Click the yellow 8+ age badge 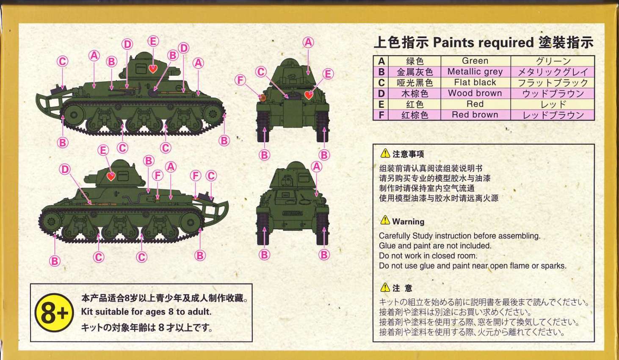[54, 313]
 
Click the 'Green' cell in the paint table [475, 61]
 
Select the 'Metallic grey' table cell [475, 72]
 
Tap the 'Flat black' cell [475, 83]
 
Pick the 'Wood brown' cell [475, 93]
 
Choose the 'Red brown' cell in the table [475, 115]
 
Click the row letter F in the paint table [381, 115]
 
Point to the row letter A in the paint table [381, 61]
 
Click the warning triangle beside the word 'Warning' [385, 220]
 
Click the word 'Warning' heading [408, 222]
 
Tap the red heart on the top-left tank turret [152, 69]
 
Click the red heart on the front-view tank [309, 95]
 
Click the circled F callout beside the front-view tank [240, 80]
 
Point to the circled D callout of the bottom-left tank [65, 169]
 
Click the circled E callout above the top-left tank [153, 42]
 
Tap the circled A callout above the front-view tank [308, 42]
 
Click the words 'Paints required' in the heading [484, 43]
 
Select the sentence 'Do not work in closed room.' [428, 256]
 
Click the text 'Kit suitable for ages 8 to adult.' [146, 312]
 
